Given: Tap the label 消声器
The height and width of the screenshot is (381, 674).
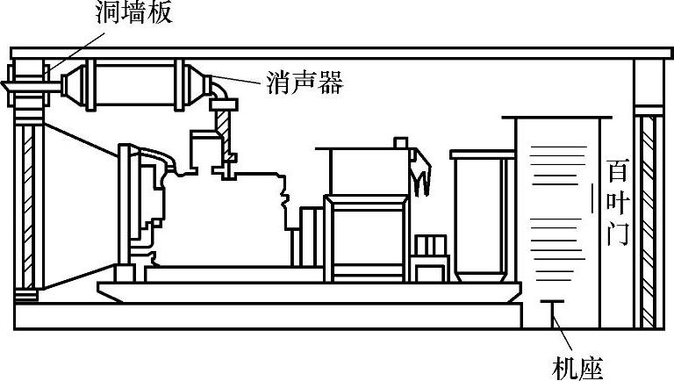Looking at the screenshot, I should coord(304,84).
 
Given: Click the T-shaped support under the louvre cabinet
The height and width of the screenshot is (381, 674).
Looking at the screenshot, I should coord(552,312).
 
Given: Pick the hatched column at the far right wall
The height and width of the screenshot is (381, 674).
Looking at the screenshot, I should coord(649,219).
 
